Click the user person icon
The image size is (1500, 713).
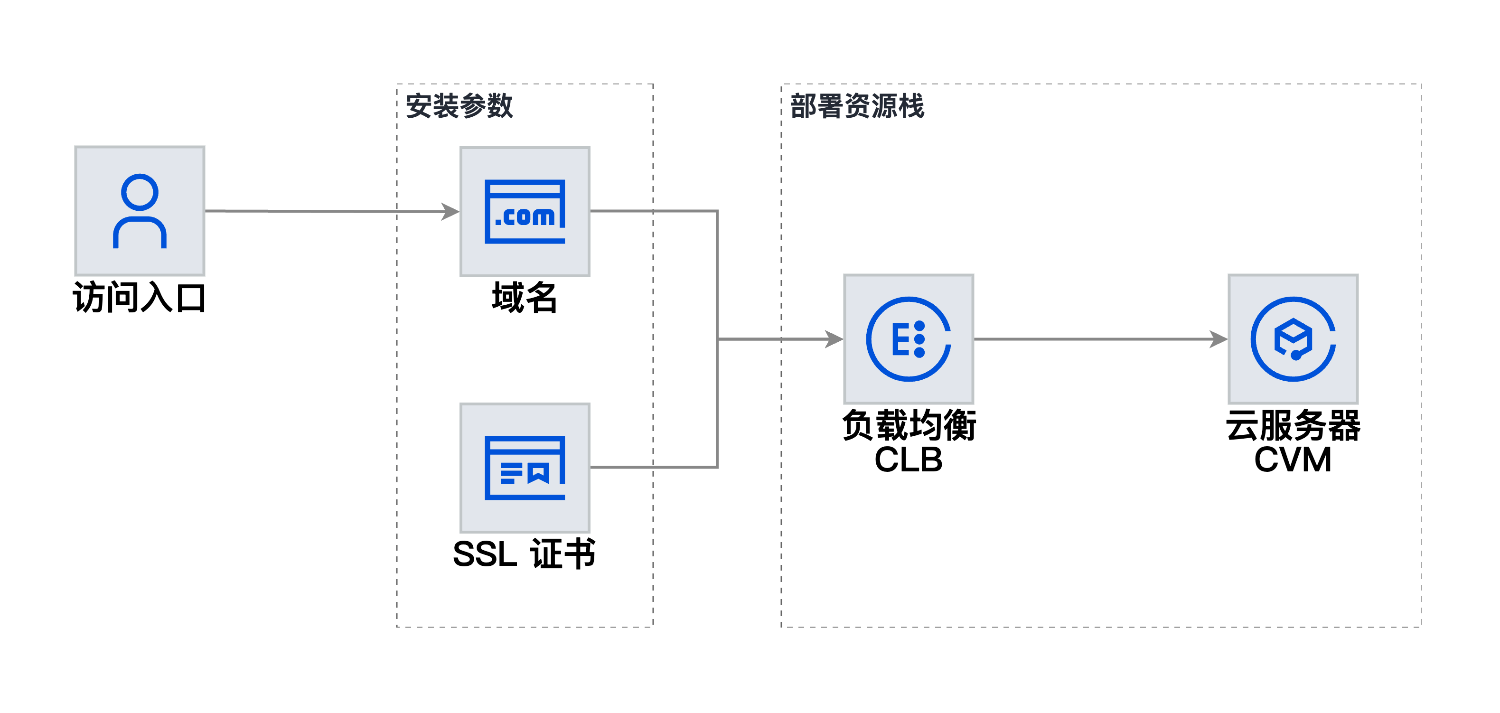[140, 211]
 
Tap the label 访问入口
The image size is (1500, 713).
[139, 298]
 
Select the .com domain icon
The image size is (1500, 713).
[525, 211]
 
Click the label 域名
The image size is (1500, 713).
[525, 298]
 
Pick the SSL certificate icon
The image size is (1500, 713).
[525, 468]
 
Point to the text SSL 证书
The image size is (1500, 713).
[525, 554]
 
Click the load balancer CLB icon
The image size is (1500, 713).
[909, 339]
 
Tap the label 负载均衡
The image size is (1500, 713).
[909, 425]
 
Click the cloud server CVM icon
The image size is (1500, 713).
[1293, 339]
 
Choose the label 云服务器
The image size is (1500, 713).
[1293, 425]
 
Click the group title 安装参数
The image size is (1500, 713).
[459, 106]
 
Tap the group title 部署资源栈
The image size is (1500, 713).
[857, 106]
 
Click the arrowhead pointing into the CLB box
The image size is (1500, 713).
[834, 339]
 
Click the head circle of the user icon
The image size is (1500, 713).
[140, 192]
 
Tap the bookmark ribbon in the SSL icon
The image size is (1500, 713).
[538, 473]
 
